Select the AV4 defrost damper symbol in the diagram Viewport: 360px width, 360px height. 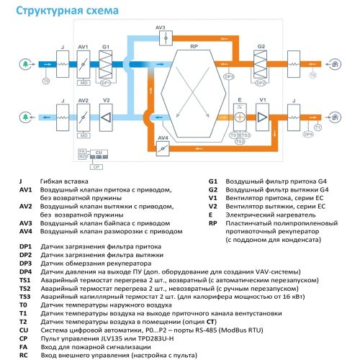[x=163, y=148]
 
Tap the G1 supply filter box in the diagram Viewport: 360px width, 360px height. [x=105, y=63]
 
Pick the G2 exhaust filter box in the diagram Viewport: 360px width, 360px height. [x=261, y=63]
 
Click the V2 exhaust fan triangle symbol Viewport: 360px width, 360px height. [x=105, y=115]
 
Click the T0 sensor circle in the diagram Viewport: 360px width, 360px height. [x=46, y=82]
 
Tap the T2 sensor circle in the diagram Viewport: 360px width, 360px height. [x=312, y=75]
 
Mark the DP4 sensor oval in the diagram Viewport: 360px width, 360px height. [x=308, y=134]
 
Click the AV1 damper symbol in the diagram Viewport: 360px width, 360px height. [x=84, y=63]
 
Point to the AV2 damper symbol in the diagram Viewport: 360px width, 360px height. [x=84, y=115]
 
